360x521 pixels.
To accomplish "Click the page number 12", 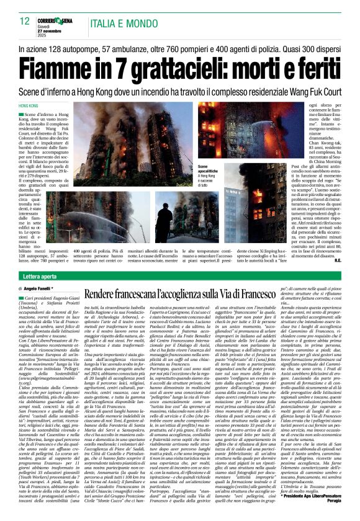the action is tap(25, 20).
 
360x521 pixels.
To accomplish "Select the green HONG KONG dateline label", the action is tap(29, 107).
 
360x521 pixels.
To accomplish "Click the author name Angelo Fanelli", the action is tap(48, 289).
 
